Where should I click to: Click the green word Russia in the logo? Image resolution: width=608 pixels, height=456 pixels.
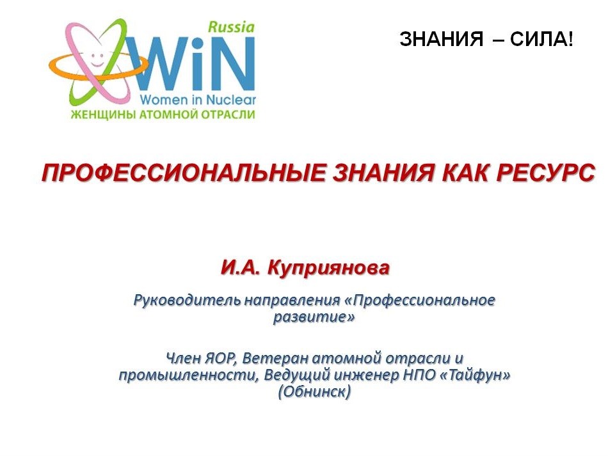pyautogui.click(x=231, y=27)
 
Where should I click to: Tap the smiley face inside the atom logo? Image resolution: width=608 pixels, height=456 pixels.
pyautogui.click(x=97, y=58)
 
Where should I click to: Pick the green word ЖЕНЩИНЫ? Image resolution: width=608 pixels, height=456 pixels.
pyautogui.click(x=102, y=114)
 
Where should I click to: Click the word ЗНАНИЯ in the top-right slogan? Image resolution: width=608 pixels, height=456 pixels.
pyautogui.click(x=441, y=39)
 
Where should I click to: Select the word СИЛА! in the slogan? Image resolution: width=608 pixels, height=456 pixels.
pyautogui.click(x=541, y=39)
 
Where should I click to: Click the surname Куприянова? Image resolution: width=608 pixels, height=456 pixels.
pyautogui.click(x=328, y=268)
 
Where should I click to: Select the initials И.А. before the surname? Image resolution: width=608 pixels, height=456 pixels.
pyautogui.click(x=241, y=268)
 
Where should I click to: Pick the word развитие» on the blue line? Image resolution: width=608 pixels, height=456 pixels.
pyautogui.click(x=314, y=317)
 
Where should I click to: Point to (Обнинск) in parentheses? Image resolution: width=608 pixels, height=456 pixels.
pyautogui.click(x=314, y=392)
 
